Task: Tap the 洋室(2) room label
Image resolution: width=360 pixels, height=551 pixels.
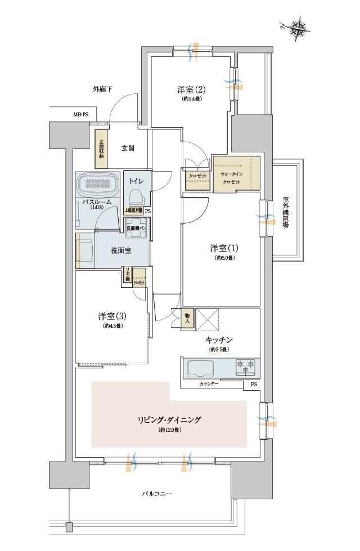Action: (191, 89)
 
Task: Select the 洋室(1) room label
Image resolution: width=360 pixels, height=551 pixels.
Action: (220, 249)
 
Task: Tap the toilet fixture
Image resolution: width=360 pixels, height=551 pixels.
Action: (135, 197)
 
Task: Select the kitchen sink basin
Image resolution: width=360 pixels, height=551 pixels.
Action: (201, 369)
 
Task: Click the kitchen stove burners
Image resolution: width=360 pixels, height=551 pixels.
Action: (245, 368)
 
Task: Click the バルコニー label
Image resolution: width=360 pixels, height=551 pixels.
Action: (156, 494)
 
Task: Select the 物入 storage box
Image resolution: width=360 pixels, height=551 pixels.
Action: (188, 318)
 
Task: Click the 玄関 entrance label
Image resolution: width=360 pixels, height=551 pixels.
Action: (128, 148)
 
